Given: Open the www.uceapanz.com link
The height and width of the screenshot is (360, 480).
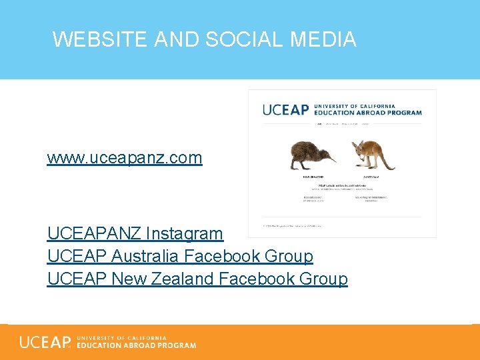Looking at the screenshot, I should [x=124, y=158].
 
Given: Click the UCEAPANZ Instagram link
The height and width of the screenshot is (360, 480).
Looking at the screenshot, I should [x=135, y=234].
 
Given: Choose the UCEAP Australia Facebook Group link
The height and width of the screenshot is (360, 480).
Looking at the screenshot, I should [x=180, y=256].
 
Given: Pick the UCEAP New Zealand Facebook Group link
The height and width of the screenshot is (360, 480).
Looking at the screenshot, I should [x=197, y=279].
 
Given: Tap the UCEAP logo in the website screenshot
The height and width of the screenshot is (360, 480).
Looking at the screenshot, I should [x=285, y=109].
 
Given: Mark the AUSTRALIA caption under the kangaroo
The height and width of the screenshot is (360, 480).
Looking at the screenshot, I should [x=371, y=177].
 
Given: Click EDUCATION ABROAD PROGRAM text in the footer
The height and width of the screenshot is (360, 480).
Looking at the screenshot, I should [x=137, y=345].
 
